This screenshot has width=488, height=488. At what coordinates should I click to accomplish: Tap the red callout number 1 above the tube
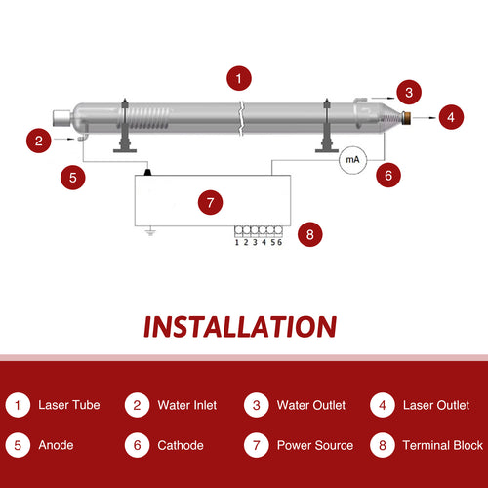pyautogui.click(x=238, y=76)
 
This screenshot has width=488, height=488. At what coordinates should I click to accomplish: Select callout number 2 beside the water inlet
pyautogui.click(x=38, y=141)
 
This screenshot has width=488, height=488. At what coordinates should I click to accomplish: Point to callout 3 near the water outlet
pyautogui.click(x=410, y=94)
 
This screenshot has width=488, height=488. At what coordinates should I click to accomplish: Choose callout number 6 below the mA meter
pyautogui.click(x=388, y=177)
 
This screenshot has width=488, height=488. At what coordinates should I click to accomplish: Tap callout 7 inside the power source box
pyautogui.click(x=210, y=202)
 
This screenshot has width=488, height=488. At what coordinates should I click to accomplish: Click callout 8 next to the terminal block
pyautogui.click(x=309, y=234)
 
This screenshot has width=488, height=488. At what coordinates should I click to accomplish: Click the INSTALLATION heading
pyautogui.click(x=240, y=325)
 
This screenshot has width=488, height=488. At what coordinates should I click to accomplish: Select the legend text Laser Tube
pyautogui.click(x=68, y=405)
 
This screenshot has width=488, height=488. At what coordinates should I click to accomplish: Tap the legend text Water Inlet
pyautogui.click(x=186, y=405)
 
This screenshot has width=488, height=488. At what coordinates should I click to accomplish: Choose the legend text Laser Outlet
pyautogui.click(x=435, y=405)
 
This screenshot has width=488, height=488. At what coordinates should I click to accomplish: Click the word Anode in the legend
pyautogui.click(x=56, y=445)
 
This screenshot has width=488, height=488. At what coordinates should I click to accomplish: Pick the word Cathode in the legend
pyautogui.click(x=180, y=445)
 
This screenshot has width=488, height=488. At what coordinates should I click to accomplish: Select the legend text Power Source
pyautogui.click(x=314, y=445)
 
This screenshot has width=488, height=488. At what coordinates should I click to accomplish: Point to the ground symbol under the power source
pyautogui.click(x=149, y=232)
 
